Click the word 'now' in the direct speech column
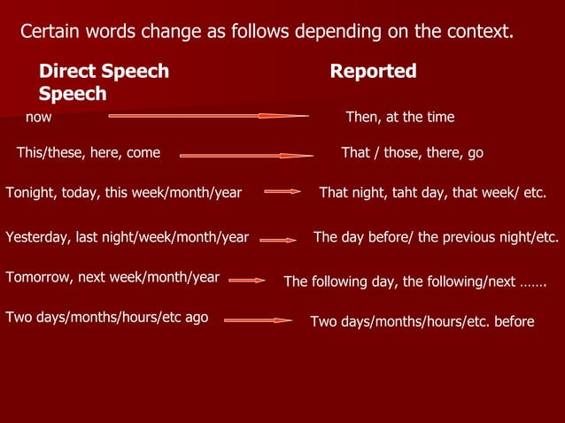(x=38, y=117)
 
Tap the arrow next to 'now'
(x=208, y=115)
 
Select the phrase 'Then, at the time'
(x=399, y=117)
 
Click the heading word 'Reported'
(x=373, y=72)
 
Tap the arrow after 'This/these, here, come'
(x=246, y=156)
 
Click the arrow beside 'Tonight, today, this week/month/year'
(x=282, y=191)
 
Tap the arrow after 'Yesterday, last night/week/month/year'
(x=278, y=239)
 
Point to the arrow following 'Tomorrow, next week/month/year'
(x=247, y=280)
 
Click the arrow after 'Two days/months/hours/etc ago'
(x=258, y=320)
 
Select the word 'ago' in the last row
(x=195, y=317)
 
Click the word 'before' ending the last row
(x=514, y=321)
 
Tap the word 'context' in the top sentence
(x=479, y=33)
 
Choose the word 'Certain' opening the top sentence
(x=49, y=33)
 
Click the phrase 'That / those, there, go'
(x=412, y=153)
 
